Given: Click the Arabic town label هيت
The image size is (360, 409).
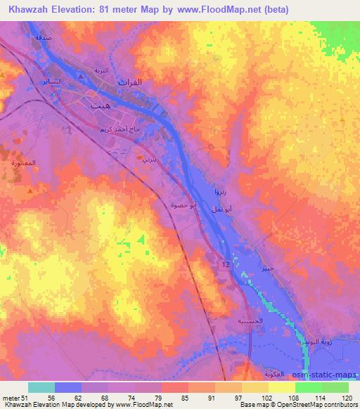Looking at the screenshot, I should click(100, 105).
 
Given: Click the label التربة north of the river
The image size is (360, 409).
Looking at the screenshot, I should click(103, 72).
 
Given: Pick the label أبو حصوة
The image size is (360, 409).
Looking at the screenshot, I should click(183, 205).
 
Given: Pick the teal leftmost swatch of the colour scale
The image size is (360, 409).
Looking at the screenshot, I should click(41, 387).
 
